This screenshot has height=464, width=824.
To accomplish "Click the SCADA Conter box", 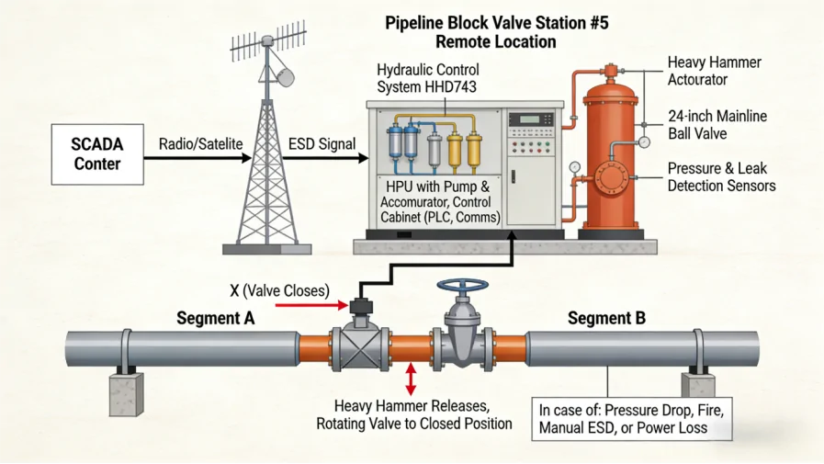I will (x=97, y=155).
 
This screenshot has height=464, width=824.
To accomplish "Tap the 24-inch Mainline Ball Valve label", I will (x=717, y=125).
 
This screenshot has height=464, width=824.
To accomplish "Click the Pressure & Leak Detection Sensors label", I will (x=721, y=177).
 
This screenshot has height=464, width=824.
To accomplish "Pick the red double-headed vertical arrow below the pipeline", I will (x=411, y=379).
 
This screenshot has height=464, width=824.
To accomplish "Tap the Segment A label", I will (x=216, y=319).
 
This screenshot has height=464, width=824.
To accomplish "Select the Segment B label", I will (x=606, y=319).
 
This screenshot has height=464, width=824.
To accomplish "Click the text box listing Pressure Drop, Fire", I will (x=633, y=419).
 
